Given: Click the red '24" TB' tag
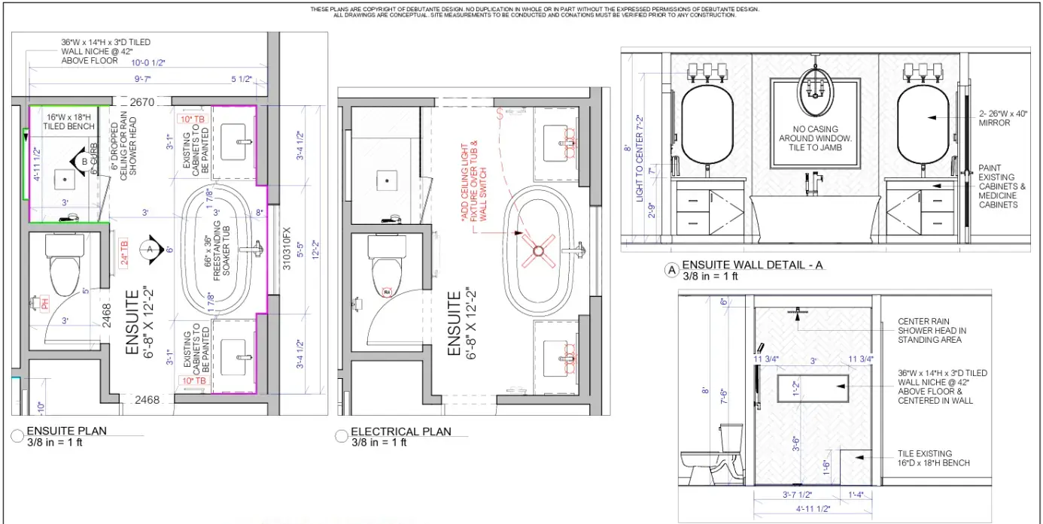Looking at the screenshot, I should pos(123,244).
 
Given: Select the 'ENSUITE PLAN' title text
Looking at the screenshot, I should pos(66,431).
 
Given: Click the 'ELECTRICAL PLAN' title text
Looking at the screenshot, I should pos(401,432).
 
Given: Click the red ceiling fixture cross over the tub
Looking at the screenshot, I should pos(540,252).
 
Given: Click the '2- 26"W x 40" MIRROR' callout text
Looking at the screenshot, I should pos(1004,118).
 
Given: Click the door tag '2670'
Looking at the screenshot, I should pos(141,101).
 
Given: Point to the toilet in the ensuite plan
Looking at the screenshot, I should pos(64,261).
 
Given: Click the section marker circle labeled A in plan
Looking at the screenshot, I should pos(151,249).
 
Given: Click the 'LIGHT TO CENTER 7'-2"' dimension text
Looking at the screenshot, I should pos(639,159).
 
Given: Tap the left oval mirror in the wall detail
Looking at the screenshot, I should pos(707,126).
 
